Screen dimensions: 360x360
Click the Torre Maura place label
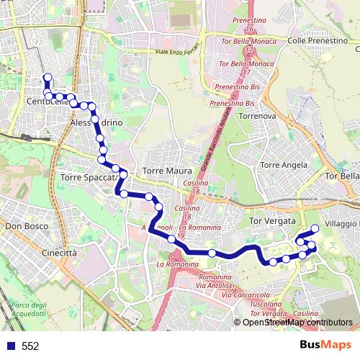(168, 171)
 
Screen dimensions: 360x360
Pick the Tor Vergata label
(271, 220)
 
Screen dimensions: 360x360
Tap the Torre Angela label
(284, 165)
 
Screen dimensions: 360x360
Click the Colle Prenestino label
(318, 41)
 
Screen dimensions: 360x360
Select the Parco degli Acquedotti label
(29, 310)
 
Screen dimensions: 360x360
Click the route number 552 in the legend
(30, 346)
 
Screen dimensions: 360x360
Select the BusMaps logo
(326, 345)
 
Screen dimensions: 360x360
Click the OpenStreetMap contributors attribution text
(297, 323)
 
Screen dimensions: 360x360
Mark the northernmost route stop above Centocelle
(48, 78)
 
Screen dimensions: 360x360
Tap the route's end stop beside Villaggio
(314, 229)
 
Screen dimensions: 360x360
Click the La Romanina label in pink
(177, 264)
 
